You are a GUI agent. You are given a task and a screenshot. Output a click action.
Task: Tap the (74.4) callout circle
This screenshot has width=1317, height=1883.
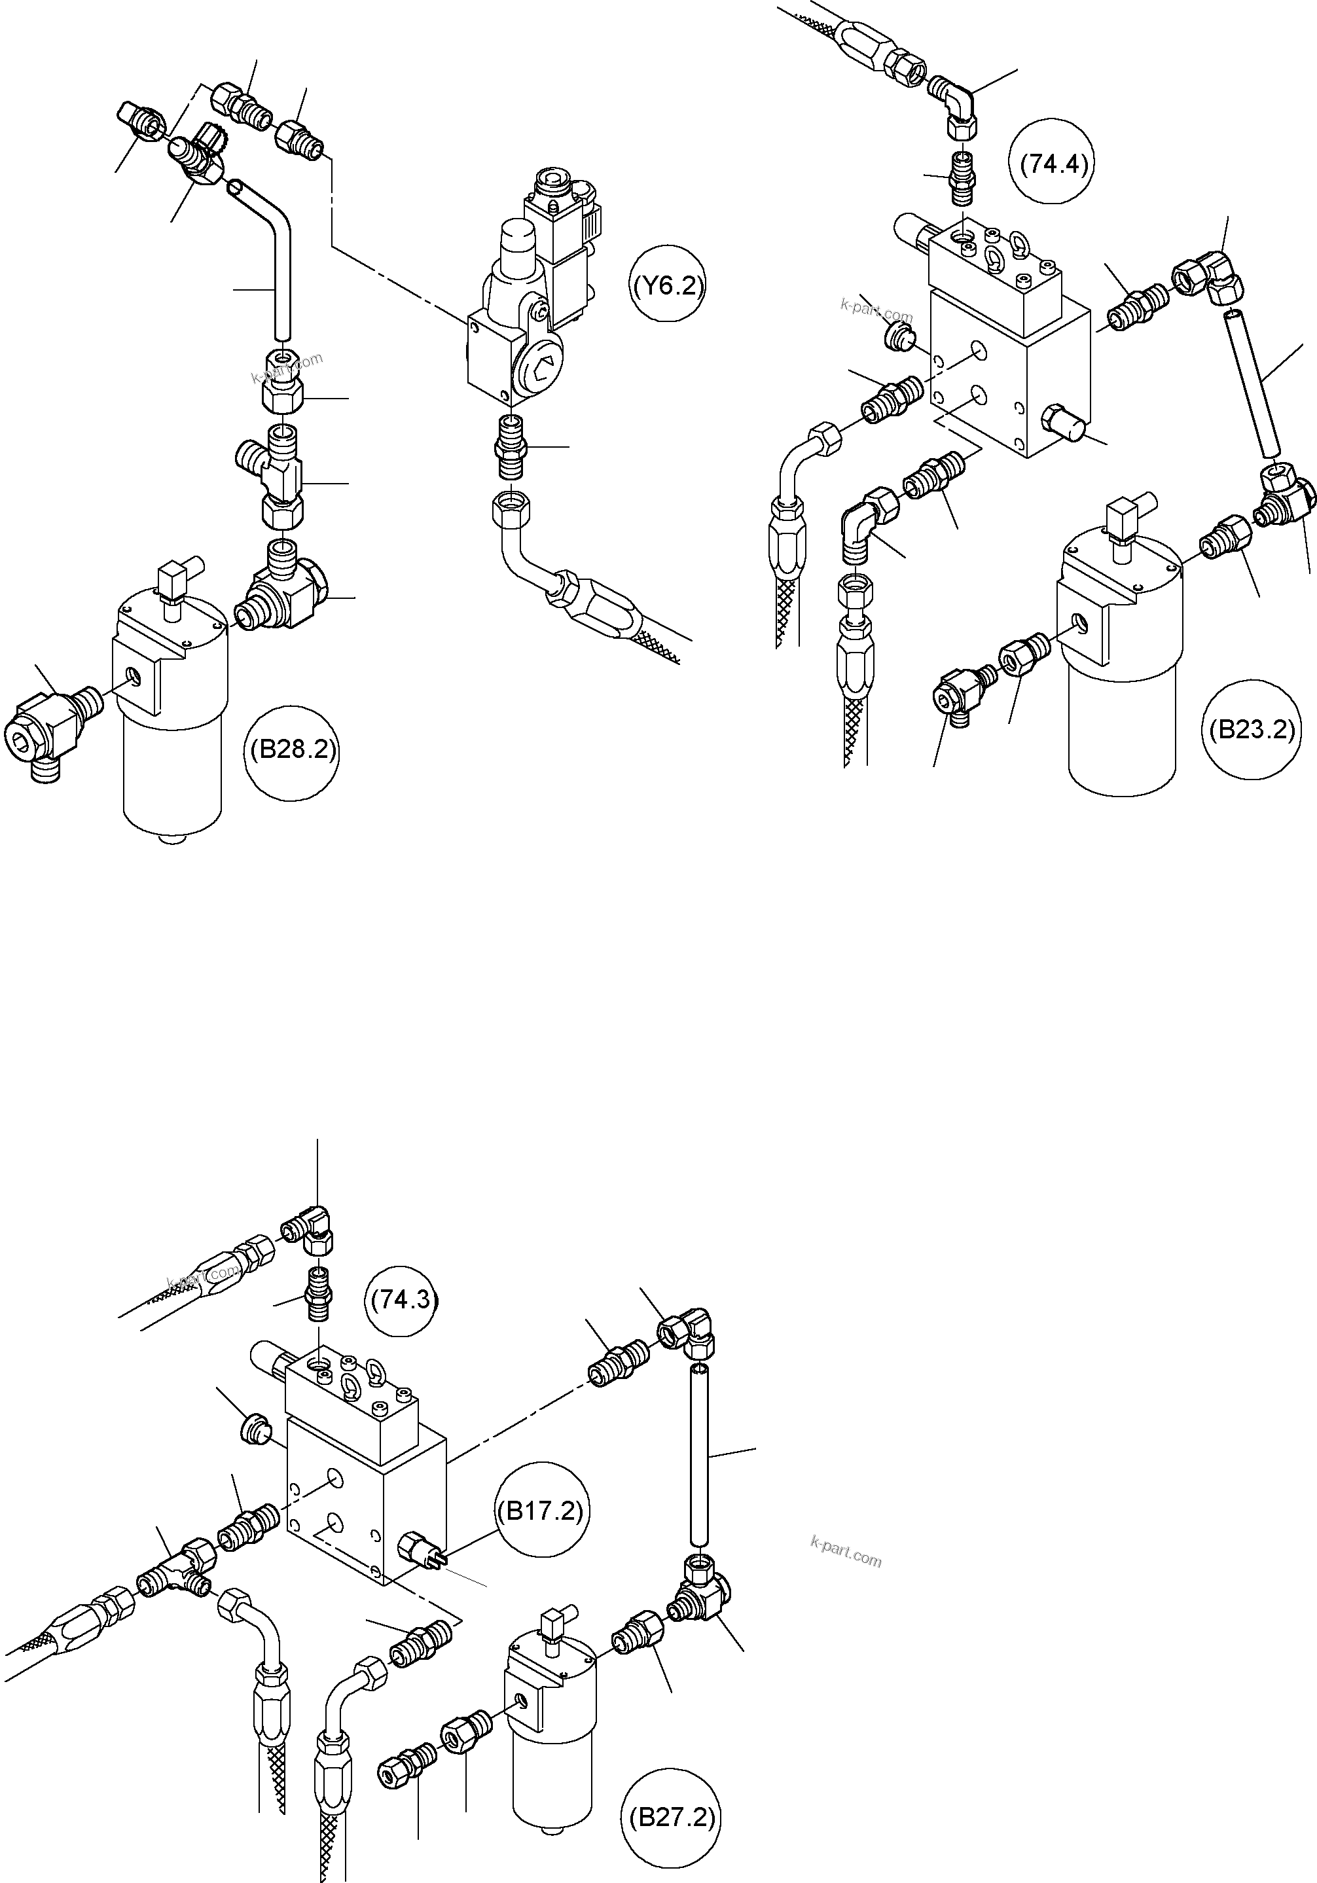click(x=1053, y=164)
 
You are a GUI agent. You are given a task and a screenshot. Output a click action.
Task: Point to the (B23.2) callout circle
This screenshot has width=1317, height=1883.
click(x=1252, y=729)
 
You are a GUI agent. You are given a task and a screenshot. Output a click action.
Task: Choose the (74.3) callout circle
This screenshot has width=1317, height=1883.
click(x=405, y=1299)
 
